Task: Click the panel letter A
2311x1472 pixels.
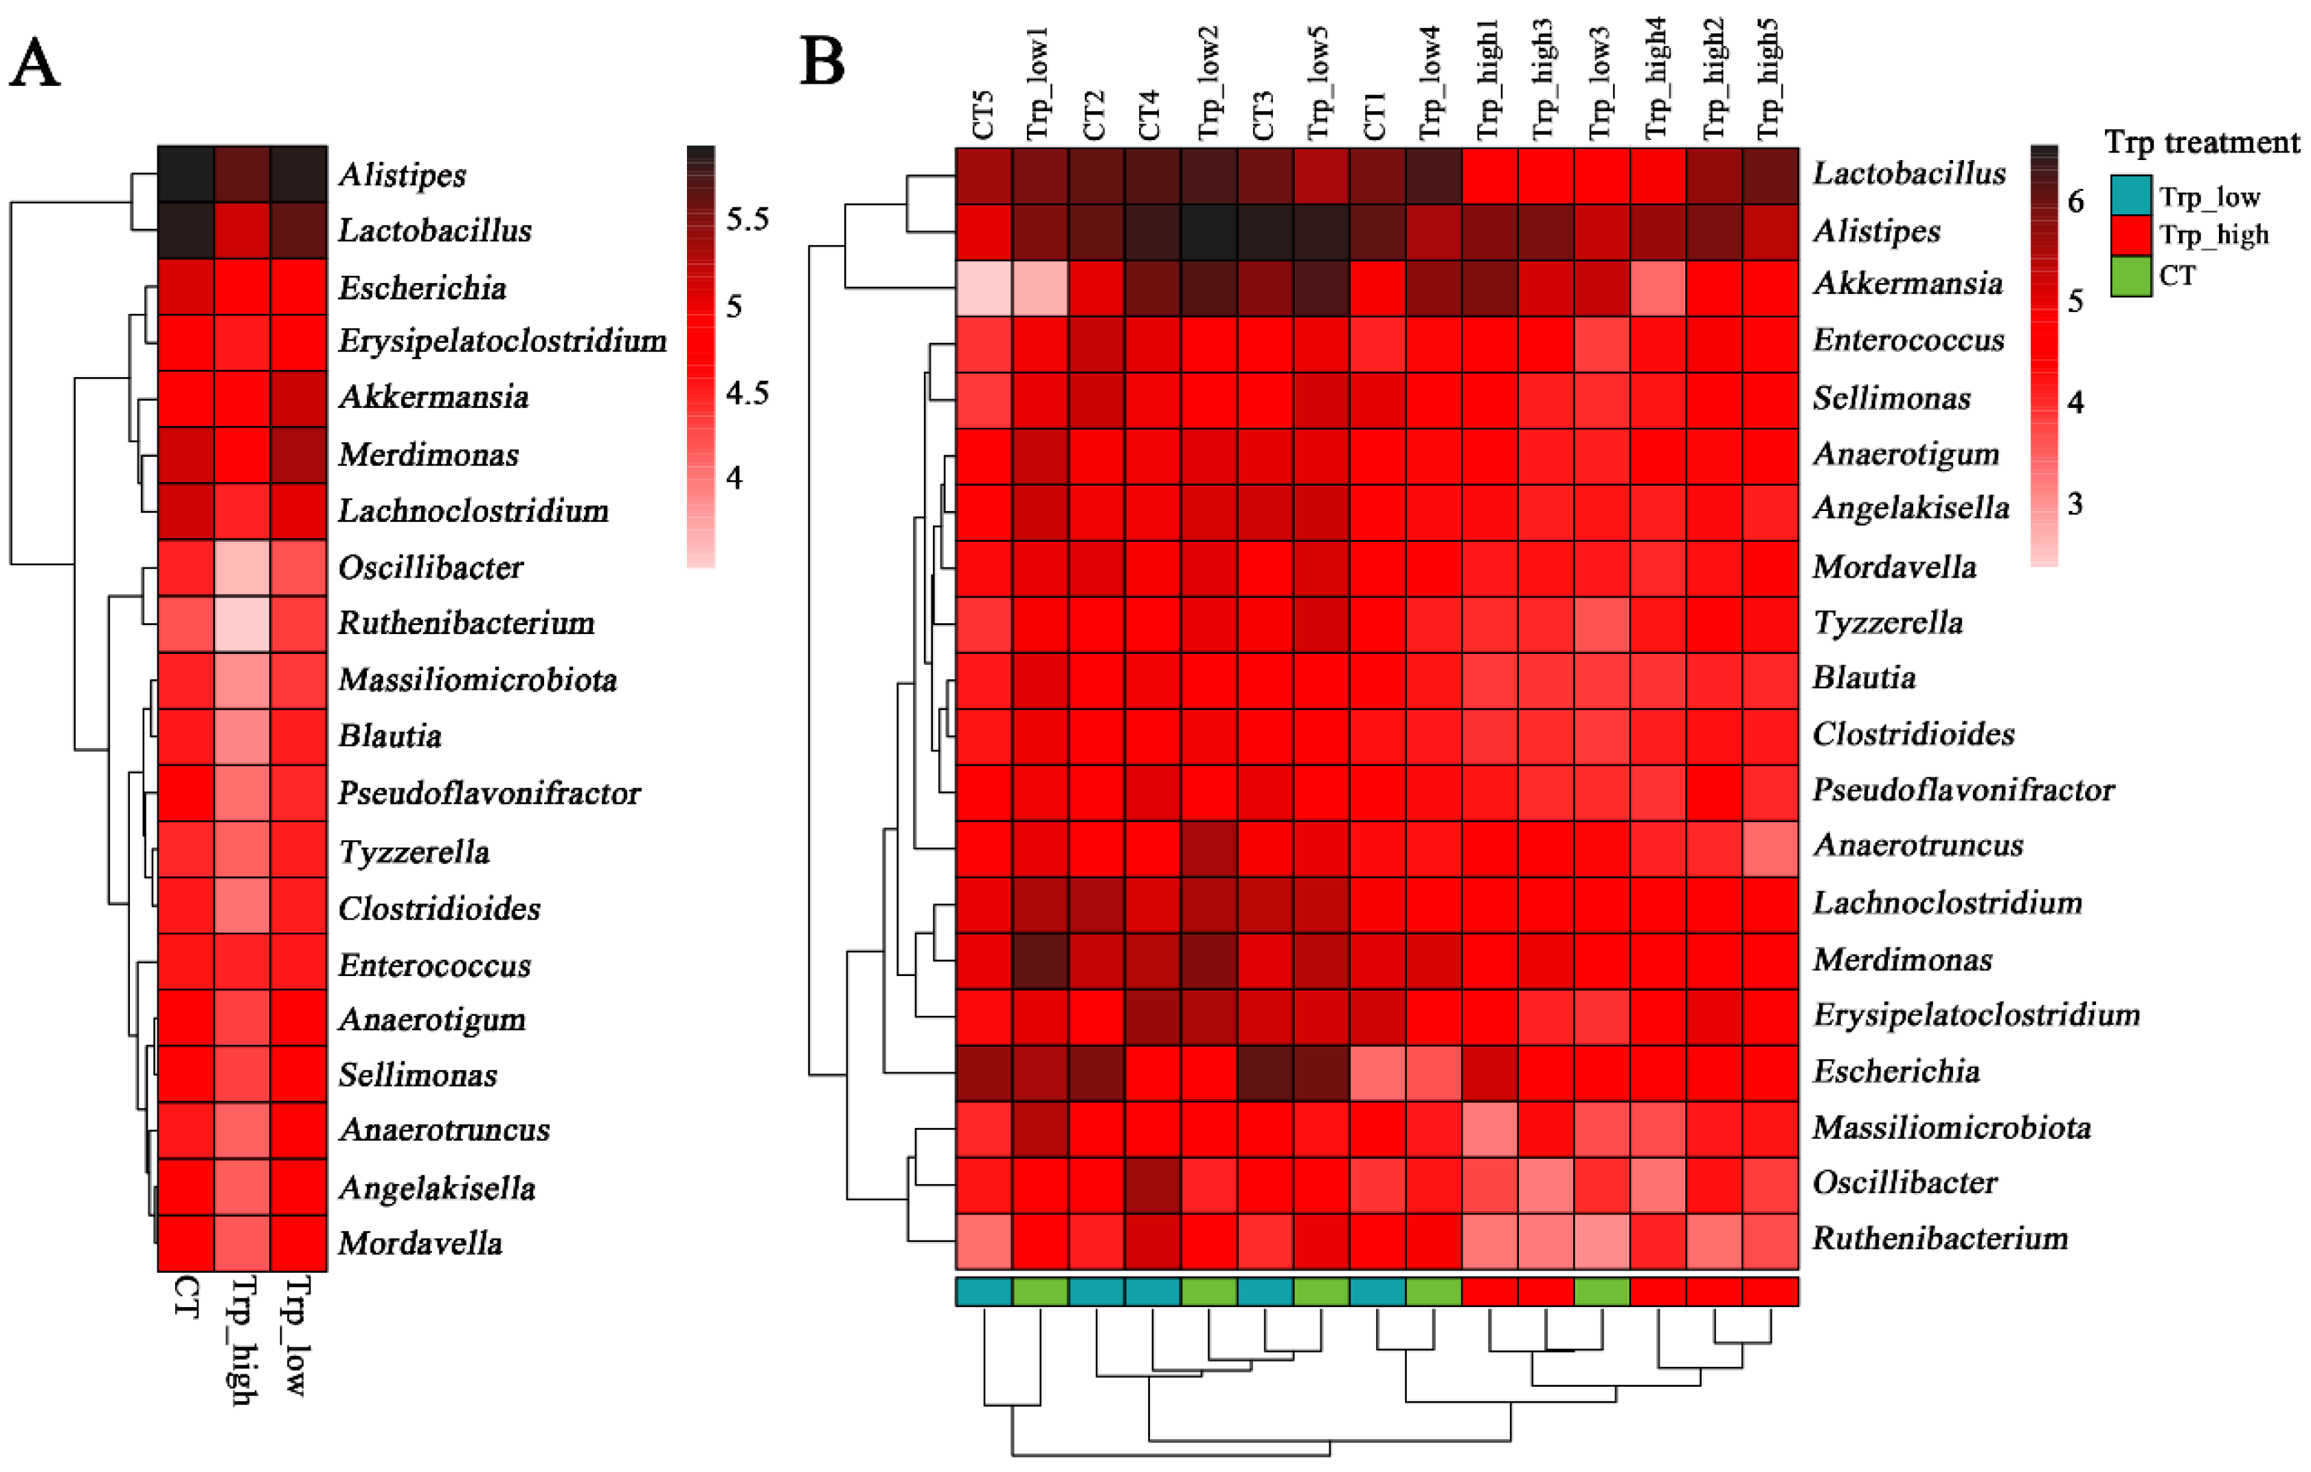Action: click(34, 65)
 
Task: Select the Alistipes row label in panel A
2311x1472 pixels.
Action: click(402, 174)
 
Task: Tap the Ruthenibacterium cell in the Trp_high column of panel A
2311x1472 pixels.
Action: click(242, 624)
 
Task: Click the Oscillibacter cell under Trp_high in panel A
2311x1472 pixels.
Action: click(242, 568)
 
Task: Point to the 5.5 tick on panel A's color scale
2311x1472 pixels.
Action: click(747, 220)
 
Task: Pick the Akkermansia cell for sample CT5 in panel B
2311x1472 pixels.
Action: click(984, 288)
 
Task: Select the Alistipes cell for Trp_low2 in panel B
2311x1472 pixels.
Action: click(1209, 232)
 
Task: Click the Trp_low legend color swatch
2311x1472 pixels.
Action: click(2130, 196)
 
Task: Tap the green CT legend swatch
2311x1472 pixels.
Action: click(2130, 276)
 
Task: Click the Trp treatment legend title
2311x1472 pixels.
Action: click(2202, 143)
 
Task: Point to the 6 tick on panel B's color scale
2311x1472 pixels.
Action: click(2076, 201)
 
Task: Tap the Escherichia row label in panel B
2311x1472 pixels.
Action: click(1895, 1071)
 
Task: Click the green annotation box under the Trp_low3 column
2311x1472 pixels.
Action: click(1602, 1291)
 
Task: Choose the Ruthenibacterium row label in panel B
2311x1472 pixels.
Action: click(1939, 1239)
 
